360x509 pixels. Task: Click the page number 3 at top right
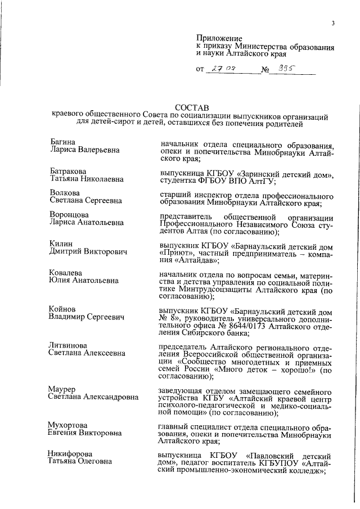[334, 23]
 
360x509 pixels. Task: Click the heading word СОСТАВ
[191, 106]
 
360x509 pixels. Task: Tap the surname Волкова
[64, 192]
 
